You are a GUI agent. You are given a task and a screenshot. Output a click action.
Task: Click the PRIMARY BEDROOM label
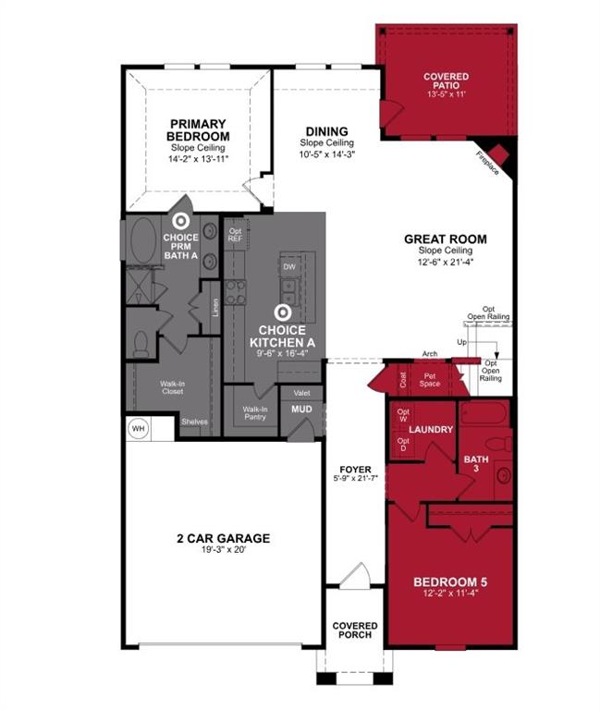pos(198,130)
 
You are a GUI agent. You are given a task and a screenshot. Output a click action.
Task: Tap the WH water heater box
pos(138,429)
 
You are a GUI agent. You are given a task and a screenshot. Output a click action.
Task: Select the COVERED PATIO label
pos(446,81)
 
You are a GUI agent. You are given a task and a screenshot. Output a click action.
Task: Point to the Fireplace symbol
pos(498,153)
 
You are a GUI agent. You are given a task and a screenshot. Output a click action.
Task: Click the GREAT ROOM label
pos(445,239)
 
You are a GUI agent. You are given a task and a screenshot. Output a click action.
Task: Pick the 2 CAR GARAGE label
pos(224,539)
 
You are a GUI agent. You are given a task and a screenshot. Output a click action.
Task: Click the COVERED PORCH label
pos(355,630)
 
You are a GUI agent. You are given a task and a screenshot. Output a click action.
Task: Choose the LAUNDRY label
pos(431,430)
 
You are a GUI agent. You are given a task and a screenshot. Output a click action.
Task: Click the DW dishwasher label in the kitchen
pos(289,266)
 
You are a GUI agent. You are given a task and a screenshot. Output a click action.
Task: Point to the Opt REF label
pos(235,235)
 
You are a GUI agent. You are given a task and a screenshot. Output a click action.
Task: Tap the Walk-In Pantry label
pos(254,413)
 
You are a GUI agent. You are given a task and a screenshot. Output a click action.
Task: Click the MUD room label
pos(301,408)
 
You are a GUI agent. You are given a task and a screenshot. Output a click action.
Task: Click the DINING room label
pos(326,131)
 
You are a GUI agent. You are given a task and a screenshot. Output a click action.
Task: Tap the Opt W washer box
pos(403,415)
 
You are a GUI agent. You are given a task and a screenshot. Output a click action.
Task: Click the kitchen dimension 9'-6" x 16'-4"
pos(288,354)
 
